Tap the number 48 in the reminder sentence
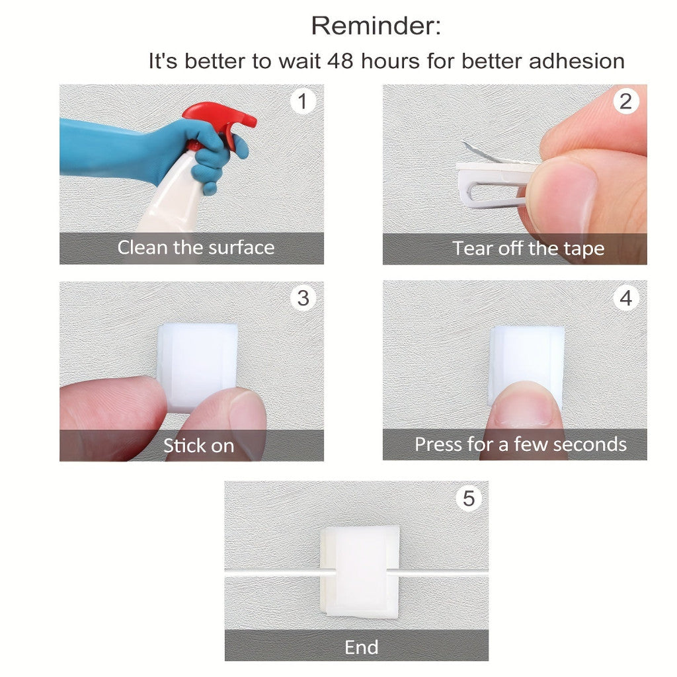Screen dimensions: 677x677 pos(340,61)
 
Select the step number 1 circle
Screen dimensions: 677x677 pos(302,101)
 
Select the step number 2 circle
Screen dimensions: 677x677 pos(625,101)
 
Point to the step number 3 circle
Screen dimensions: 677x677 pos(303,298)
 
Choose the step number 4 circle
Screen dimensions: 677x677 pos(626,298)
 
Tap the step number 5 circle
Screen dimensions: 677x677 pos(469,498)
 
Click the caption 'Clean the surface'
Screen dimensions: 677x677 pos(196,248)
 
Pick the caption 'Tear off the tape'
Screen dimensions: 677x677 pos(528,249)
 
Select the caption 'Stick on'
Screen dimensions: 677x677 pos(198,446)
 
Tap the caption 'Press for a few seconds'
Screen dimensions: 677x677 pos(520,444)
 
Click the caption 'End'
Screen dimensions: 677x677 pos(362,647)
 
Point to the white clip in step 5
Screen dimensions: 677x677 pos(360,571)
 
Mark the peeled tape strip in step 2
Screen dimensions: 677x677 pos(483,153)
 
